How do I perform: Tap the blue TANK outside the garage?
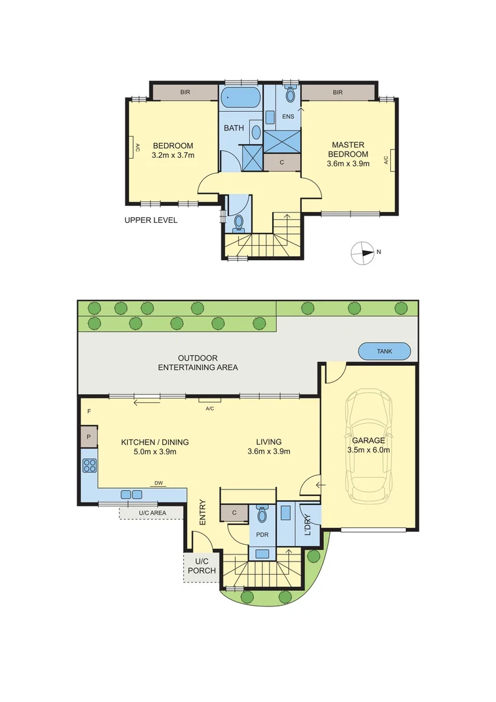tap(385, 352)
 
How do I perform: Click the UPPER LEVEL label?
tap(151, 220)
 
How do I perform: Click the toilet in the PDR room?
tap(263, 515)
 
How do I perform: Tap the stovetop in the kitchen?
tap(90, 465)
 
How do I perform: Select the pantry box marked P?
tap(88, 437)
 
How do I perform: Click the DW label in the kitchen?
tap(158, 483)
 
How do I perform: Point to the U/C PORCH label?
tap(201, 566)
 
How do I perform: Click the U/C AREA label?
tap(152, 513)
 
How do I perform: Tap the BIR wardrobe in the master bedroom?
tap(338, 93)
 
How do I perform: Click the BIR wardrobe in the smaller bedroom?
tap(185, 93)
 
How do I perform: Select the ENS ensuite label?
tap(288, 117)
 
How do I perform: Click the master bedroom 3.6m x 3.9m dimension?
tap(348, 164)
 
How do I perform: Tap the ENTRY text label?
tap(202, 512)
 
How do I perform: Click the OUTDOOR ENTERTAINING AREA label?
tap(198, 363)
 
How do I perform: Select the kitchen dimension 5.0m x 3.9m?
tap(155, 452)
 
